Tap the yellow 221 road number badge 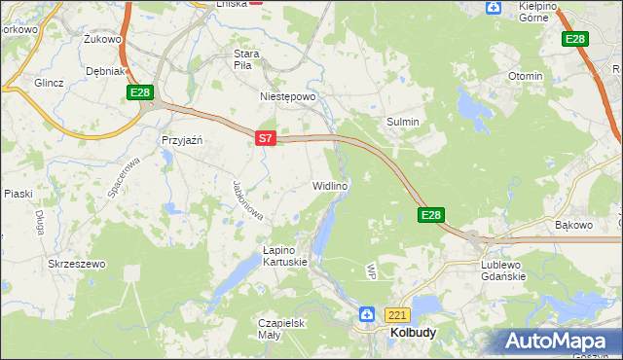[x=397, y=315]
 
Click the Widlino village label [x=329, y=185]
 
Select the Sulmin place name [x=403, y=122]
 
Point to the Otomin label [x=525, y=76]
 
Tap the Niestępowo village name [x=288, y=97]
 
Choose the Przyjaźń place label [x=181, y=140]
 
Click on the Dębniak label [x=105, y=71]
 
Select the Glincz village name [x=49, y=83]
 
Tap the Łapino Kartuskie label [x=285, y=256]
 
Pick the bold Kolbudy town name [x=413, y=332]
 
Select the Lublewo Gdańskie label [x=503, y=270]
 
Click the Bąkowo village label [x=573, y=225]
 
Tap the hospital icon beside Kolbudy [x=367, y=314]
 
